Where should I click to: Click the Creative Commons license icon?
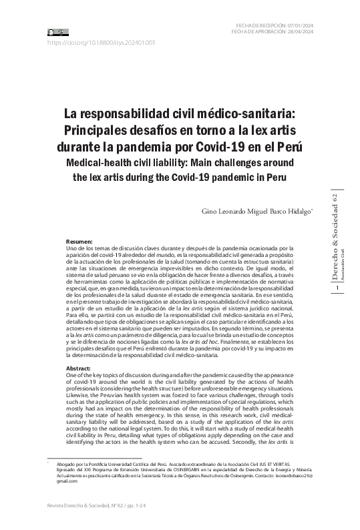[x=57, y=31]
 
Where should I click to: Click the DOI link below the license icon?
[x=101, y=42]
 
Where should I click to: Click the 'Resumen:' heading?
[x=79, y=240]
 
